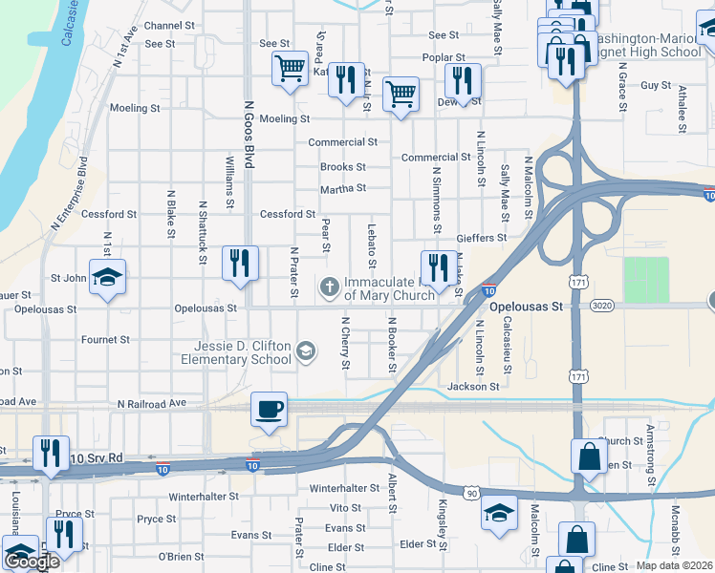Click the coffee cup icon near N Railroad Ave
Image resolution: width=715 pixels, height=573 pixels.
coord(270,410)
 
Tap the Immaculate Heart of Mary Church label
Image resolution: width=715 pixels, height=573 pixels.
coord(390,288)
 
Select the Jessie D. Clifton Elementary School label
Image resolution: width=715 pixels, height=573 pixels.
coord(237,352)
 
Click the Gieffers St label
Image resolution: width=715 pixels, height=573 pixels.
coord(481,237)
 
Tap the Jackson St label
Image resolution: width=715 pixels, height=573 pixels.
coord(473,387)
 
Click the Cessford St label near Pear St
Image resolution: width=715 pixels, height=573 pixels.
coord(288,214)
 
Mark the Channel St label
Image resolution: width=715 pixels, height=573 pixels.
coord(169,25)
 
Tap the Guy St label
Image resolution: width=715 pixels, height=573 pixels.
coord(656,85)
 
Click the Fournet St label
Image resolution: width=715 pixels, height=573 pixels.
coord(105,339)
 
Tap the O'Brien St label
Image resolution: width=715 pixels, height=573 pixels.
coord(175,557)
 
